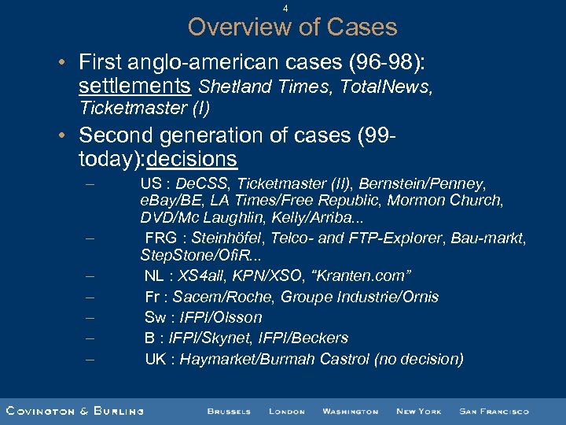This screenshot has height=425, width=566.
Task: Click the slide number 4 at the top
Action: pos(285,9)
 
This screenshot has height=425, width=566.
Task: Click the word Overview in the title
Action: pos(237,28)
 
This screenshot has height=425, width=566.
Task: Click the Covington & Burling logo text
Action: pos(75,411)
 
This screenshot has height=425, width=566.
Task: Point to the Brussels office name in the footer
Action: pos(229,411)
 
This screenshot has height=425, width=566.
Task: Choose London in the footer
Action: pos(286,411)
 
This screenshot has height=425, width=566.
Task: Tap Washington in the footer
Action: pos(350,411)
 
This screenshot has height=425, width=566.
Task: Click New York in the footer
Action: pos(418,411)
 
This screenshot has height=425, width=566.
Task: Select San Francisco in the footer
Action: pos(494,411)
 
